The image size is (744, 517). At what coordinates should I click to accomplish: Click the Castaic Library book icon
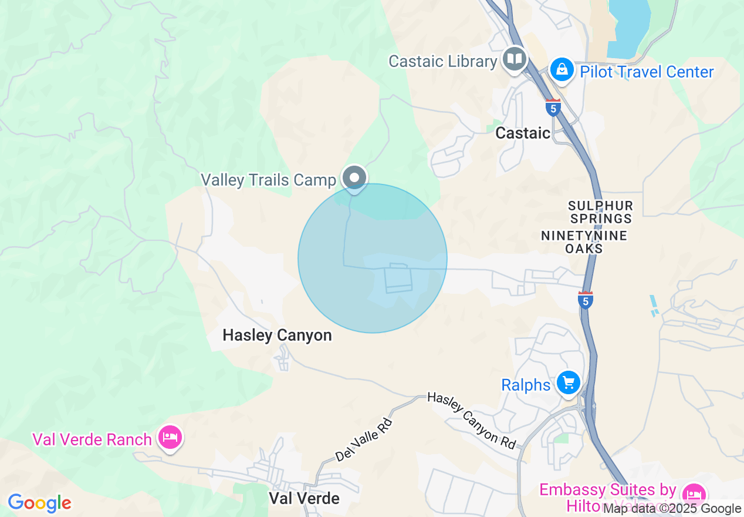(x=515, y=59)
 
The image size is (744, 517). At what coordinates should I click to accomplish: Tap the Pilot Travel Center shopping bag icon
(x=562, y=70)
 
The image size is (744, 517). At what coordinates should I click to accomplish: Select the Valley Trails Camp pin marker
(x=354, y=177)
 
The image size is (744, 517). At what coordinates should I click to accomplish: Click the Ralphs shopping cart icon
(x=568, y=383)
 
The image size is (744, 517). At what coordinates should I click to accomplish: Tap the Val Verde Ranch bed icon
(x=170, y=437)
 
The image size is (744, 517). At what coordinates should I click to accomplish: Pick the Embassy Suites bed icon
(x=694, y=493)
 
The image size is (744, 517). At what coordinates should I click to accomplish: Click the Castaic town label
(x=523, y=133)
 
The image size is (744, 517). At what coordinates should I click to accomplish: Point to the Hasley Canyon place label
(x=277, y=335)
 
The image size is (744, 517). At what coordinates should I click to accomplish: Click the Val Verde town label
(x=304, y=498)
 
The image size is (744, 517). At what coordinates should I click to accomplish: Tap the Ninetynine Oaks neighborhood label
(x=584, y=242)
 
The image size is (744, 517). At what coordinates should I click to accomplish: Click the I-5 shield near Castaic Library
(x=553, y=108)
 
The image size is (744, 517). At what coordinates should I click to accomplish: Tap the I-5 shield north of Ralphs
(x=585, y=300)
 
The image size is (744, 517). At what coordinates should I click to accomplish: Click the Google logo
(x=39, y=503)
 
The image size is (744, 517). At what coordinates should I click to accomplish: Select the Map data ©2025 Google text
(x=672, y=509)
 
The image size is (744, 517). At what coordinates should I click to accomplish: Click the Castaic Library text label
(x=442, y=61)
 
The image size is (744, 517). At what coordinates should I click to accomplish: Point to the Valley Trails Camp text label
(x=268, y=180)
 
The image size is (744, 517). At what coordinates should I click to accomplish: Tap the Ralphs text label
(x=526, y=385)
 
